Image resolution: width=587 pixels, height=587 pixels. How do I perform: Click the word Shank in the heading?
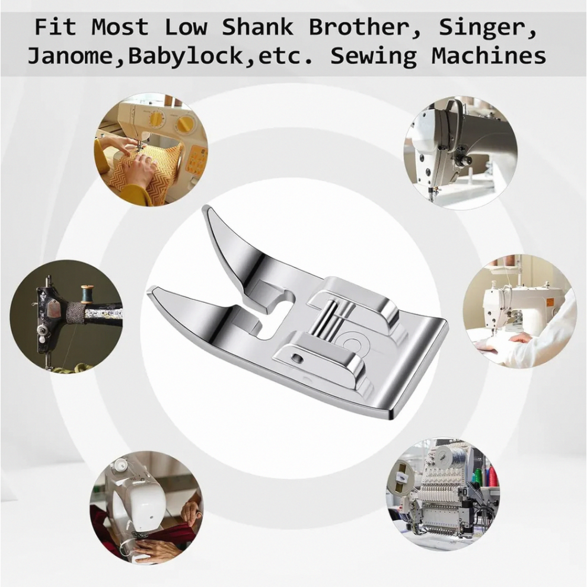257,27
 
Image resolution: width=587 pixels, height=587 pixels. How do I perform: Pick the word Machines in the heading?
489,56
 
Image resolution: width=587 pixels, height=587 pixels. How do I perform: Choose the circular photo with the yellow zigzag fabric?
151,149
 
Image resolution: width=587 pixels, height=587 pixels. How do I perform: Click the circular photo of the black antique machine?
66,317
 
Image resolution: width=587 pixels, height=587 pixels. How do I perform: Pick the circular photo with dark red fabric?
146,508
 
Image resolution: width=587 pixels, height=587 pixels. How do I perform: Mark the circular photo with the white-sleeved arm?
520,311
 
